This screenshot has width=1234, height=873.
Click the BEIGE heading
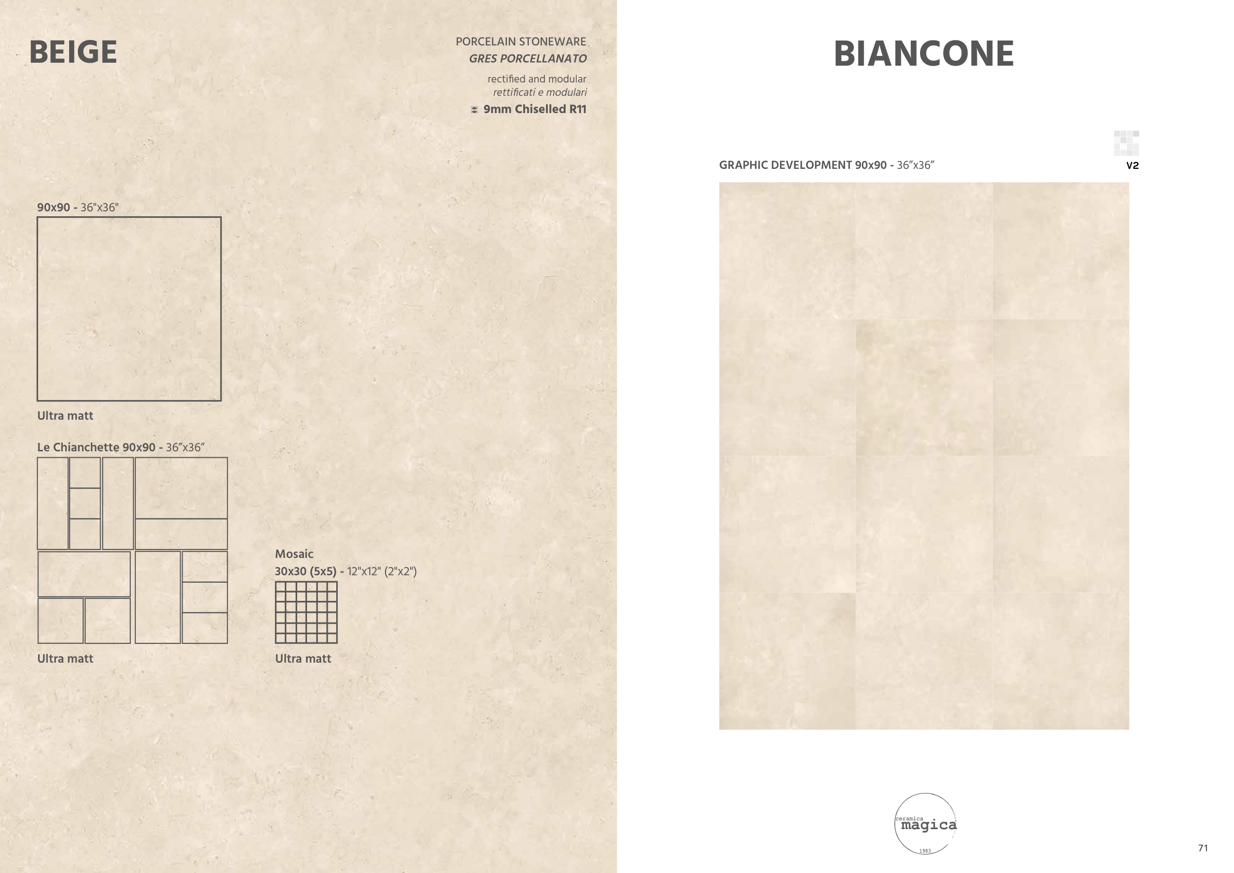(x=73, y=52)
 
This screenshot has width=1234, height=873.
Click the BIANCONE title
(x=924, y=54)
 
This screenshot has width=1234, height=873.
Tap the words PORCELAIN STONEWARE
(x=521, y=41)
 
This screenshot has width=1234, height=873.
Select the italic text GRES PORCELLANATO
(x=528, y=59)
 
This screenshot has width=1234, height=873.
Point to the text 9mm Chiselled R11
(x=535, y=109)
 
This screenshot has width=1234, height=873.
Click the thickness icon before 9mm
(x=474, y=110)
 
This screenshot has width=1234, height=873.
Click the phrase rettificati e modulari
(x=540, y=92)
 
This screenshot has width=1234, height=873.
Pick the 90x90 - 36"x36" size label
(x=78, y=207)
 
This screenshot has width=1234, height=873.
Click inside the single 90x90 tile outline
(x=129, y=309)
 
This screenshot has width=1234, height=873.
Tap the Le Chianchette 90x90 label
(x=121, y=447)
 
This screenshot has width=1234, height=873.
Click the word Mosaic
(x=294, y=554)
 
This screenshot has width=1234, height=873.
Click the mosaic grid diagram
(x=307, y=612)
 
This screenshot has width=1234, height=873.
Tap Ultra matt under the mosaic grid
(x=303, y=659)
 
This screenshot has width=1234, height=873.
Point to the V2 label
(x=1132, y=165)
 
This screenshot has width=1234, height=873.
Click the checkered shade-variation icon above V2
(x=1126, y=143)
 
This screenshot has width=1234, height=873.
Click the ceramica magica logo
(x=925, y=823)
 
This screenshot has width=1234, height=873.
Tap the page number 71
(x=1203, y=848)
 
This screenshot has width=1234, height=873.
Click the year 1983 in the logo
(x=925, y=851)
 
